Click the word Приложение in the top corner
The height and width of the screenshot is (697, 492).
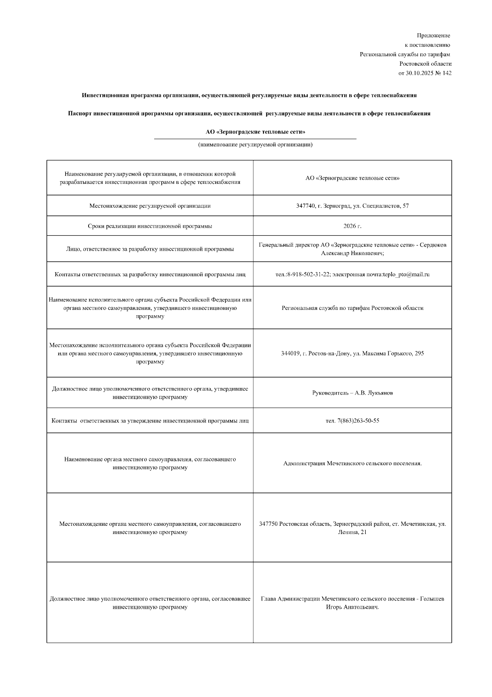click(x=433, y=36)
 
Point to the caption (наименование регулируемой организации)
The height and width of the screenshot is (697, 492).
click(x=255, y=145)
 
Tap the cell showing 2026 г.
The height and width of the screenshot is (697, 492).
click(x=352, y=226)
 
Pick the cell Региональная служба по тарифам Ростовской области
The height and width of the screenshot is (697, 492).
click(x=352, y=308)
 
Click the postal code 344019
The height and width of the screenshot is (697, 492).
click(x=290, y=353)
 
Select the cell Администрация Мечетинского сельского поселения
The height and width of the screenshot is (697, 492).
click(x=352, y=463)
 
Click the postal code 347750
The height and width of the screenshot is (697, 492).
click(x=268, y=524)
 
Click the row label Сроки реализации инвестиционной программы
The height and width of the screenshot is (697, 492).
click(x=150, y=226)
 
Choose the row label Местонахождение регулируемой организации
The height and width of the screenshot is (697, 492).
click(x=150, y=206)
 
